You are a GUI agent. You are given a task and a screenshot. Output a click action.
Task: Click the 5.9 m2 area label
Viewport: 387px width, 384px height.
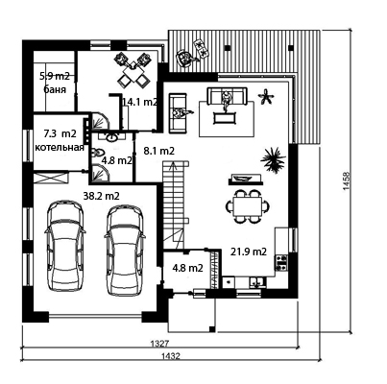[55, 76]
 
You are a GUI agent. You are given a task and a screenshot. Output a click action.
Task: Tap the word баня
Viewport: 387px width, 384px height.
[55, 89]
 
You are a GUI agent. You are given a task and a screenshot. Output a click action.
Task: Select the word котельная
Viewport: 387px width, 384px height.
[60, 148]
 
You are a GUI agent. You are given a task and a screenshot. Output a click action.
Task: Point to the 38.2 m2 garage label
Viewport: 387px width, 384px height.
[101, 196]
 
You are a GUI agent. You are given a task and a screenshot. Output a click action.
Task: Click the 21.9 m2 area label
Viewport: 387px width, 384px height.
[249, 252]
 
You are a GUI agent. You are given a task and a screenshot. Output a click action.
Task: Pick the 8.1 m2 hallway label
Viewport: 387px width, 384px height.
[158, 151]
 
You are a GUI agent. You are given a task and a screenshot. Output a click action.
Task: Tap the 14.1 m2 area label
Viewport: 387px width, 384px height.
[140, 102]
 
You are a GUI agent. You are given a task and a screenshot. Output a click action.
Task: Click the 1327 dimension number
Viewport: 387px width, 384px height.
[159, 344]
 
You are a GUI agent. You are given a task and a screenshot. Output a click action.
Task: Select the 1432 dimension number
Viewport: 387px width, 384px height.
[171, 356]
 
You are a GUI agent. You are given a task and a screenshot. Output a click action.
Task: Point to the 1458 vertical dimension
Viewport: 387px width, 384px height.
[346, 181]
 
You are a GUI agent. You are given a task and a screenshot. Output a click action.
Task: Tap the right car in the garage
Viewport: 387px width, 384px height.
[125, 251]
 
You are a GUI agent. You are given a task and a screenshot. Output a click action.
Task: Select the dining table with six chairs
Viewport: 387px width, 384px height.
[247, 206]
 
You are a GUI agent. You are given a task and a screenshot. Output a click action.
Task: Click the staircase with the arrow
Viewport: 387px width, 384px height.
[175, 204]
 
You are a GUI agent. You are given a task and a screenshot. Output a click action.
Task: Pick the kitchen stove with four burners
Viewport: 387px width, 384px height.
[281, 263]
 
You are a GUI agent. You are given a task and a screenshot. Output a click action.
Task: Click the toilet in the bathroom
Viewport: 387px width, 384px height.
[97, 153]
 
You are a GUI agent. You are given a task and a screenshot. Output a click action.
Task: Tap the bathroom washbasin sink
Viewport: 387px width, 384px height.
[111, 137]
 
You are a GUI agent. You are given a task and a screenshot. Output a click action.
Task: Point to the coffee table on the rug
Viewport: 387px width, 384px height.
[226, 117]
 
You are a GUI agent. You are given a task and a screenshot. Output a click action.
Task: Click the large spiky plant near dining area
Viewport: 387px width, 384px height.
[273, 158]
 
